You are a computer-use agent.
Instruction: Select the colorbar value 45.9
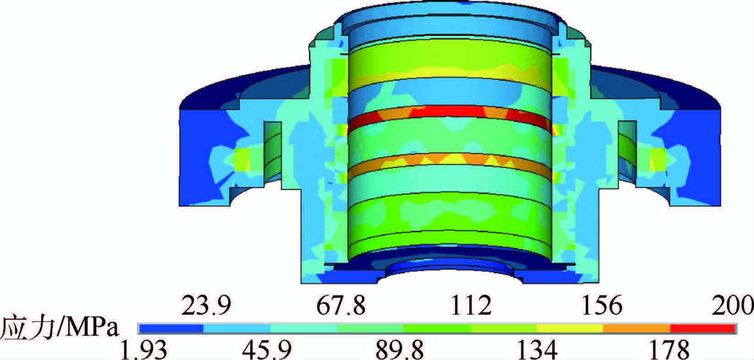[x=267, y=350]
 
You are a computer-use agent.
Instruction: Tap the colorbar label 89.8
[x=400, y=350]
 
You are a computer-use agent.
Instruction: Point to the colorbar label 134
[x=537, y=350]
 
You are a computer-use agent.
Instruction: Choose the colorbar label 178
[x=669, y=350]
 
